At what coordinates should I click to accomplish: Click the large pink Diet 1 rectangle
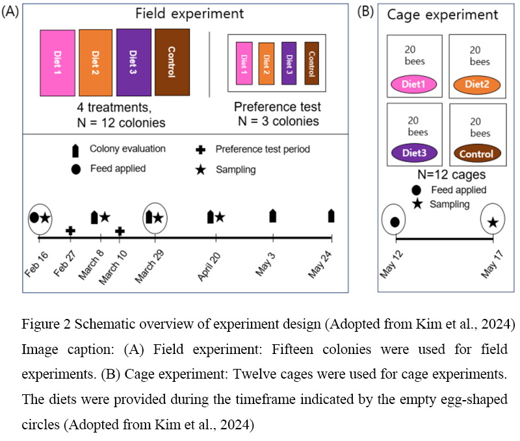pyautogui.click(x=57, y=63)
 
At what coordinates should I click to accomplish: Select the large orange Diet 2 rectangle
pyautogui.click(x=96, y=63)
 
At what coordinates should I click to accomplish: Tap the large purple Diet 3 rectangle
pyautogui.click(x=134, y=62)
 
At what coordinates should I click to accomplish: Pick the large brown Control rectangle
pyautogui.click(x=172, y=62)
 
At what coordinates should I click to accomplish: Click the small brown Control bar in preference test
pyautogui.click(x=311, y=62)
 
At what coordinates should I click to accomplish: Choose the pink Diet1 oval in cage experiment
pyautogui.click(x=414, y=84)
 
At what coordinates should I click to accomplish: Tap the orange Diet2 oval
pyautogui.click(x=477, y=84)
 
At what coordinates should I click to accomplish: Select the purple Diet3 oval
pyautogui.click(x=414, y=154)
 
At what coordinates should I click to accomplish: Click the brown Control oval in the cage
pyautogui.click(x=477, y=154)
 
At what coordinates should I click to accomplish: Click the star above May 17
pyautogui.click(x=493, y=223)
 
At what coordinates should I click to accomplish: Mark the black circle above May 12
pyautogui.click(x=395, y=222)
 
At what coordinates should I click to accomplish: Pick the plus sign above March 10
pyautogui.click(x=120, y=231)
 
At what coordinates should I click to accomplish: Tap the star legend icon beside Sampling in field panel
pyautogui.click(x=201, y=170)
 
